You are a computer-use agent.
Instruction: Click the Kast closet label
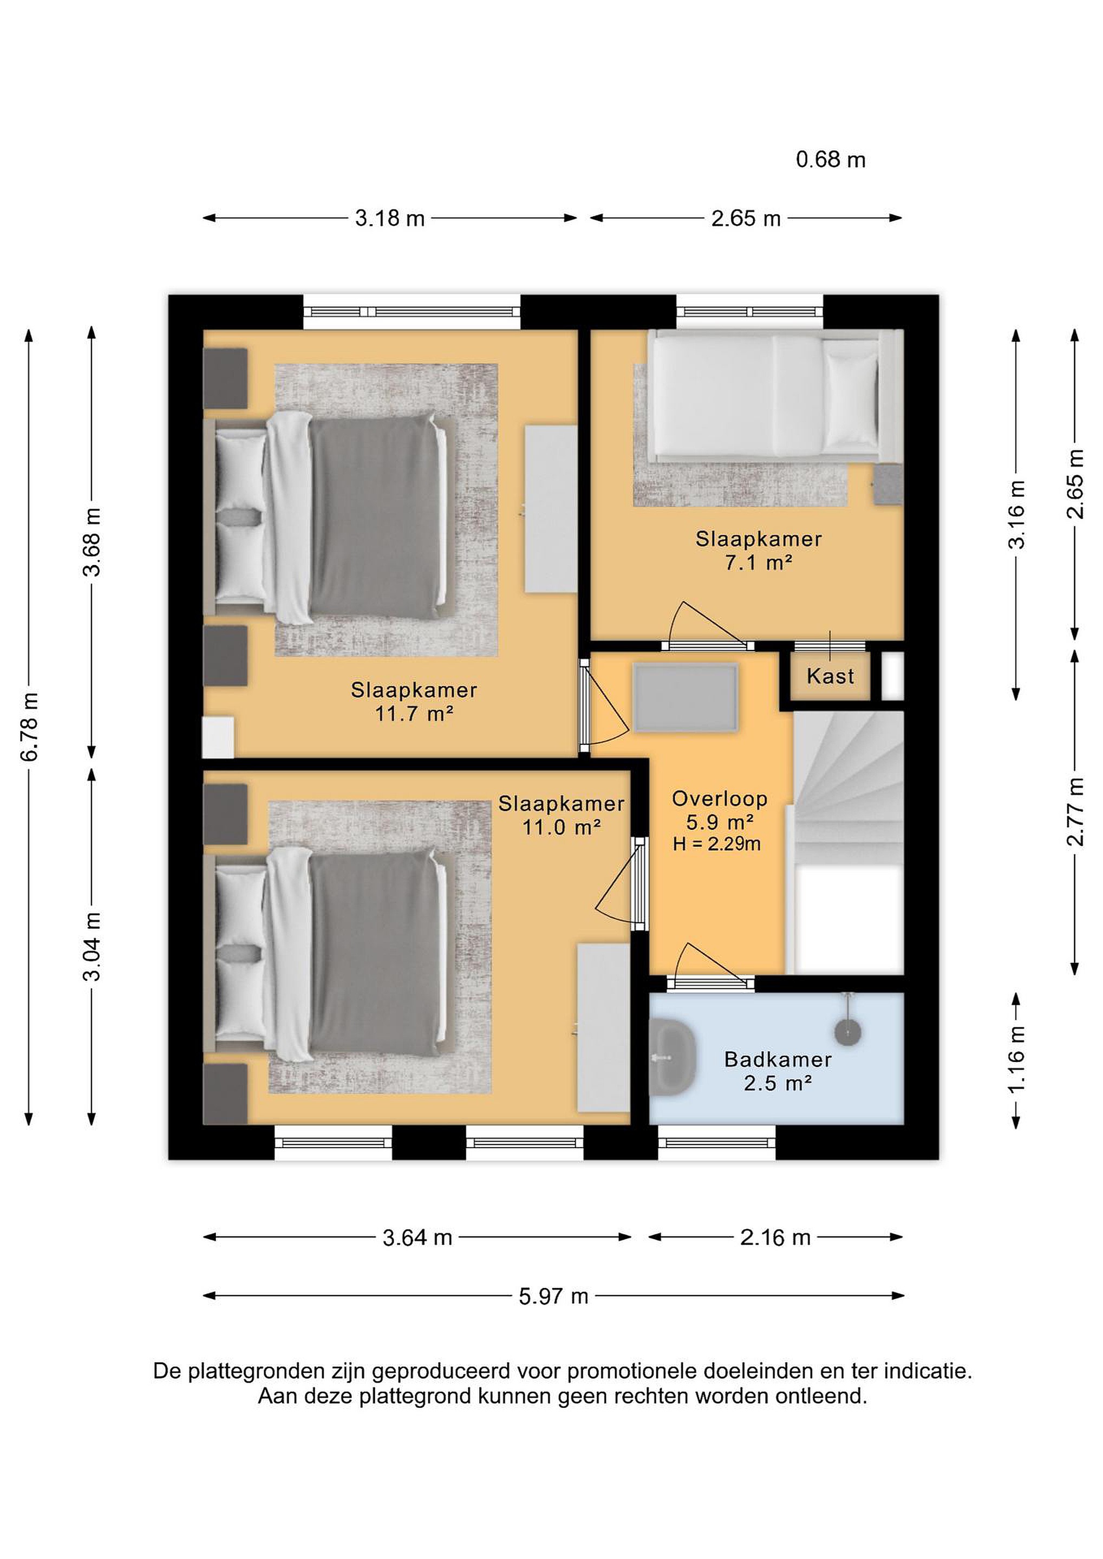pyautogui.click(x=830, y=676)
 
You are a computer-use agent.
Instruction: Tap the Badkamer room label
pyautogui.click(x=778, y=1059)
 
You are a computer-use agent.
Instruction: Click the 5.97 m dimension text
pyautogui.click(x=553, y=1296)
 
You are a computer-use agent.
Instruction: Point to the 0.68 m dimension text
pyautogui.click(x=831, y=160)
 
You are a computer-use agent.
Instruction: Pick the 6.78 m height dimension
pyautogui.click(x=29, y=726)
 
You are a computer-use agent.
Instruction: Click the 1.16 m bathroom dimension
pyautogui.click(x=1016, y=1059)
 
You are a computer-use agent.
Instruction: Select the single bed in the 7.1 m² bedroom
pyautogui.click(x=775, y=396)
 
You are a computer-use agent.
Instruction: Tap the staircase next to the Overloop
pyautogui.click(x=849, y=842)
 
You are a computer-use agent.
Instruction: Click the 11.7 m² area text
pyautogui.click(x=414, y=713)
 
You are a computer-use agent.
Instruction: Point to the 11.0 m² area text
pyautogui.click(x=561, y=827)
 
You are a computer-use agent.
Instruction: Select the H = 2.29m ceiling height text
pyautogui.click(x=716, y=844)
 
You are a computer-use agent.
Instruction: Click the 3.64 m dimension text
pyautogui.click(x=417, y=1238)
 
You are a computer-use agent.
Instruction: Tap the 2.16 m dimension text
pyautogui.click(x=775, y=1238)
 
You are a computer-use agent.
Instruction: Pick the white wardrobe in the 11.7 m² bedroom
pyautogui.click(x=551, y=509)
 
